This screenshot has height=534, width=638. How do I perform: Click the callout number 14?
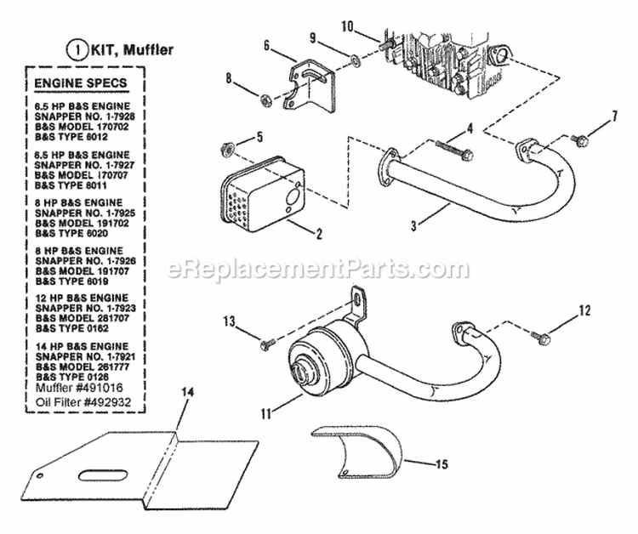pyautogui.click(x=186, y=391)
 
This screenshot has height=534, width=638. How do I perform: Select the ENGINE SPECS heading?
pyautogui.click(x=81, y=83)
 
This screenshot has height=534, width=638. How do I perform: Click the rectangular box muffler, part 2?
pyautogui.click(x=265, y=194)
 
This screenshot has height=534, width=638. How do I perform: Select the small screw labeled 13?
pyautogui.click(x=265, y=343)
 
